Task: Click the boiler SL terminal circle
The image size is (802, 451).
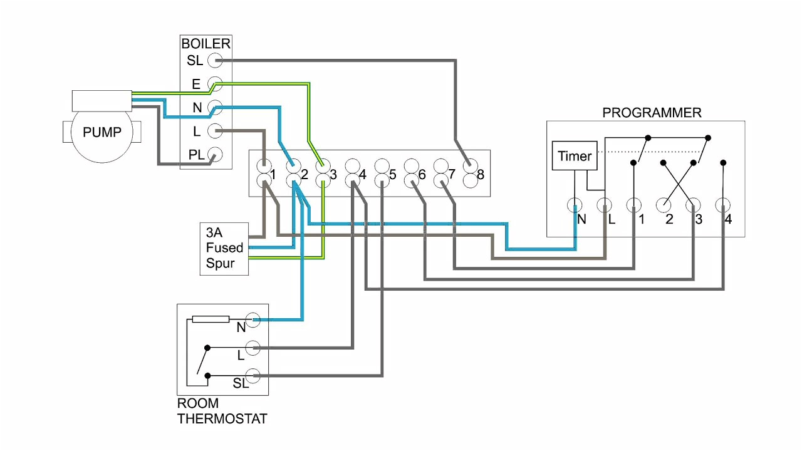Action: (215, 60)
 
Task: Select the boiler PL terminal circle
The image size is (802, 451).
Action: (215, 155)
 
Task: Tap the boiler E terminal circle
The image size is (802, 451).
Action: (215, 83)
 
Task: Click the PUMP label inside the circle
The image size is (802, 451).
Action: (102, 132)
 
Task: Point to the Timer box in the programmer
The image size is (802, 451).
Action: (575, 156)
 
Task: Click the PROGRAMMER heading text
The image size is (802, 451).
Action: (652, 113)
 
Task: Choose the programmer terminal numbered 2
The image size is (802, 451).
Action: (664, 205)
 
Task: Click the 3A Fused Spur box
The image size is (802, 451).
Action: (224, 248)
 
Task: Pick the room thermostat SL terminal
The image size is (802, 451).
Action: (253, 375)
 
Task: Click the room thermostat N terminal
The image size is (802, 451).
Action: (253, 320)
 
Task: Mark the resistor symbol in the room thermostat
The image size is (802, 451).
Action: (210, 319)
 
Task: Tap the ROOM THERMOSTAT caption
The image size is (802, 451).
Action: (222, 411)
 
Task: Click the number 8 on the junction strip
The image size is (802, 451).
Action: (481, 175)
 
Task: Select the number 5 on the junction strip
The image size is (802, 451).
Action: (392, 175)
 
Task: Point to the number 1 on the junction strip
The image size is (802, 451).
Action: (273, 175)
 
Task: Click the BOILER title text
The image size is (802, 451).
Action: (206, 44)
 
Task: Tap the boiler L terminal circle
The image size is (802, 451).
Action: (215, 131)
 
